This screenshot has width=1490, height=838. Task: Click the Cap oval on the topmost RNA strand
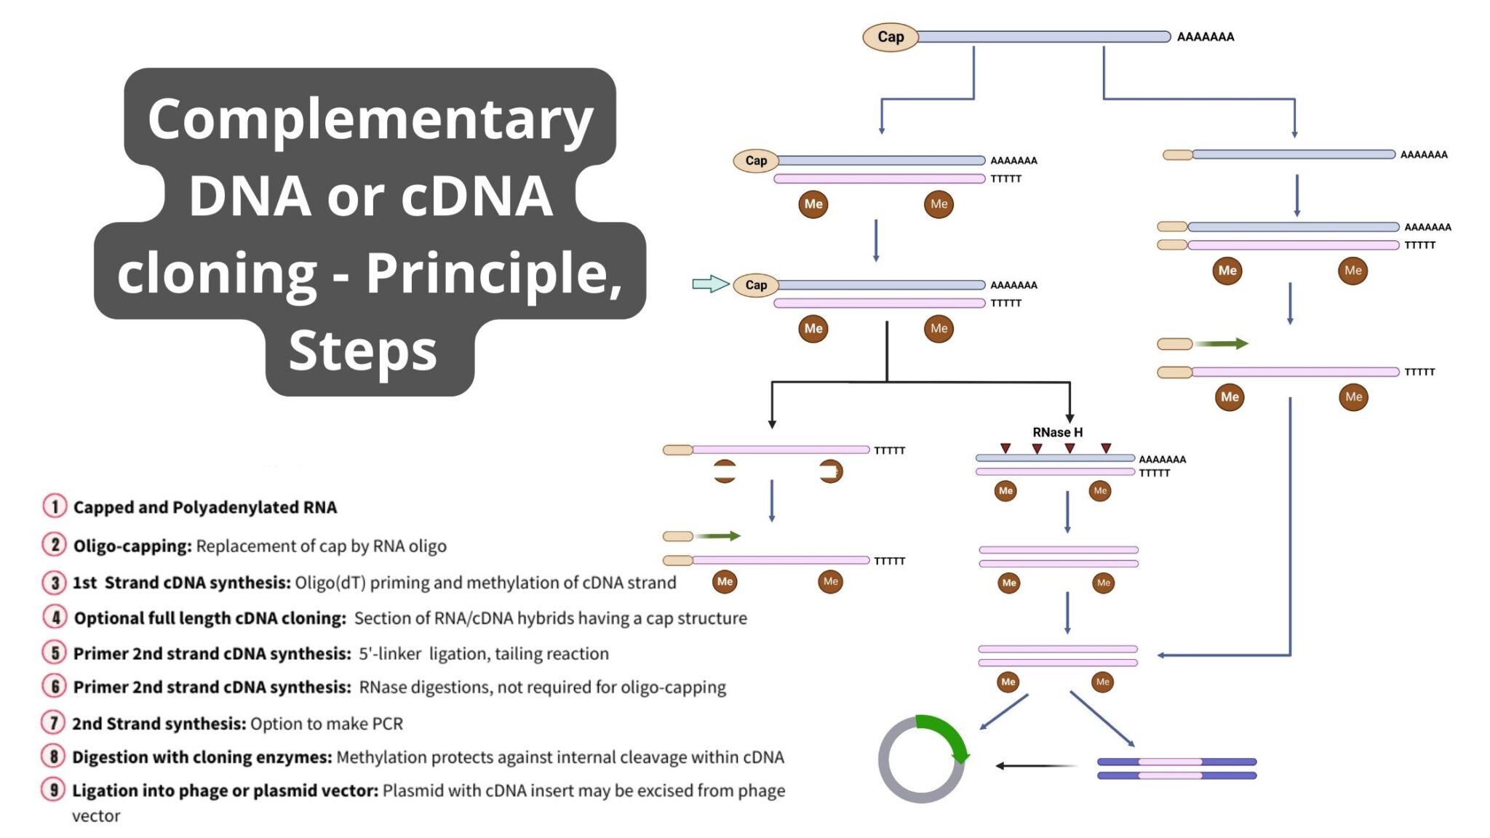coord(890,36)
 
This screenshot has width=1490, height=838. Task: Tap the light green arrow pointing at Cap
coord(710,284)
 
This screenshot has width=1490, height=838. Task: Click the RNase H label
coord(1057,432)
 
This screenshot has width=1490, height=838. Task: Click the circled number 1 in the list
coord(55,506)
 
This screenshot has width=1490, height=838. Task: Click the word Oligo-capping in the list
coord(132,546)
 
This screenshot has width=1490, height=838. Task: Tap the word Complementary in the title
coord(370,119)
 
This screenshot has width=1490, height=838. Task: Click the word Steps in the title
coord(362,351)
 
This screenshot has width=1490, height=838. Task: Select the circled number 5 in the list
coord(55,653)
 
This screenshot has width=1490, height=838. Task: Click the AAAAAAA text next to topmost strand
coord(1206,37)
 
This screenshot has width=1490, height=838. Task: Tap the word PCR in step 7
coord(387,724)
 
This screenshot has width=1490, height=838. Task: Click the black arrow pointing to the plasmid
coord(1033,765)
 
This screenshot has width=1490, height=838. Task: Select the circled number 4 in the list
coord(55,617)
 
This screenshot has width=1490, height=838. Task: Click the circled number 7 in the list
coord(54,722)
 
